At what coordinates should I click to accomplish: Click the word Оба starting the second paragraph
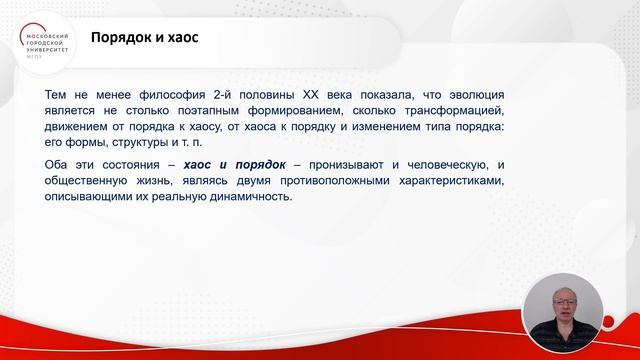click(x=58, y=164)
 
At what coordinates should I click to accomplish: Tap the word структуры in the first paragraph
click(x=132, y=144)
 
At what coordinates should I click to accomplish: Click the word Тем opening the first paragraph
click(x=58, y=93)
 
